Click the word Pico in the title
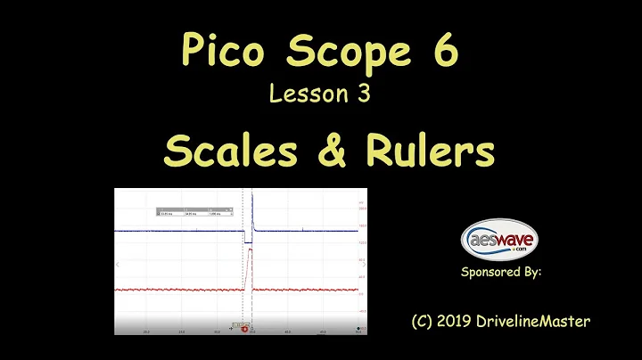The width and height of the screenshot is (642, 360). pos(213,52)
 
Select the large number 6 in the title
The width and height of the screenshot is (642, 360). pos(444,52)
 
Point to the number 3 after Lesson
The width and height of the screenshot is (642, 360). pos(364,94)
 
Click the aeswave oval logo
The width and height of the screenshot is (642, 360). pos(499,238)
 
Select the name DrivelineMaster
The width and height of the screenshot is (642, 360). pos(544,320)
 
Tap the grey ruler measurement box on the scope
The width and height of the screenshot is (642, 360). pos(193,212)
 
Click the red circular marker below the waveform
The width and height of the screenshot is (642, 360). pos(243,329)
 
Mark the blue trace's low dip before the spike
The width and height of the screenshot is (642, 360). pos(249,241)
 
